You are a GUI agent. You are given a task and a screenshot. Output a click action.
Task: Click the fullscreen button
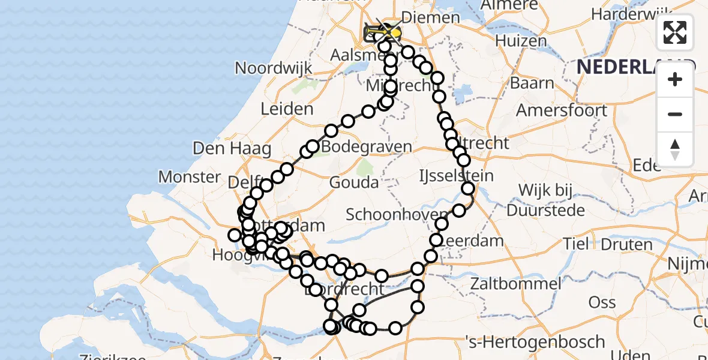(675, 32)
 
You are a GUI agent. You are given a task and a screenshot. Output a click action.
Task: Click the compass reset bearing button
(675, 149)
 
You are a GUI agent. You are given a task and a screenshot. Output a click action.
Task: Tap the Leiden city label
(287, 109)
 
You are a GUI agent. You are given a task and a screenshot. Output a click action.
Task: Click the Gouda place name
(353, 182)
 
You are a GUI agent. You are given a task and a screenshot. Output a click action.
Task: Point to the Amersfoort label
(562, 111)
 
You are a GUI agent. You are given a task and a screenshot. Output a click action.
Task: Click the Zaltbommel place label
(515, 283)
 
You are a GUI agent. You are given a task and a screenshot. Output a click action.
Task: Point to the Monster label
(190, 177)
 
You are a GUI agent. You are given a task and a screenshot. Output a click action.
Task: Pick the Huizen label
(521, 41)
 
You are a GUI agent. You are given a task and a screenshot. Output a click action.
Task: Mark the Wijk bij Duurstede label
(545, 200)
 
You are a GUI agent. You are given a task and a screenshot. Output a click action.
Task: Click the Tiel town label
(577, 244)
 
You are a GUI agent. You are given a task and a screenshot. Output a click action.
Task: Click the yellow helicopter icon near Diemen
(391, 31)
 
